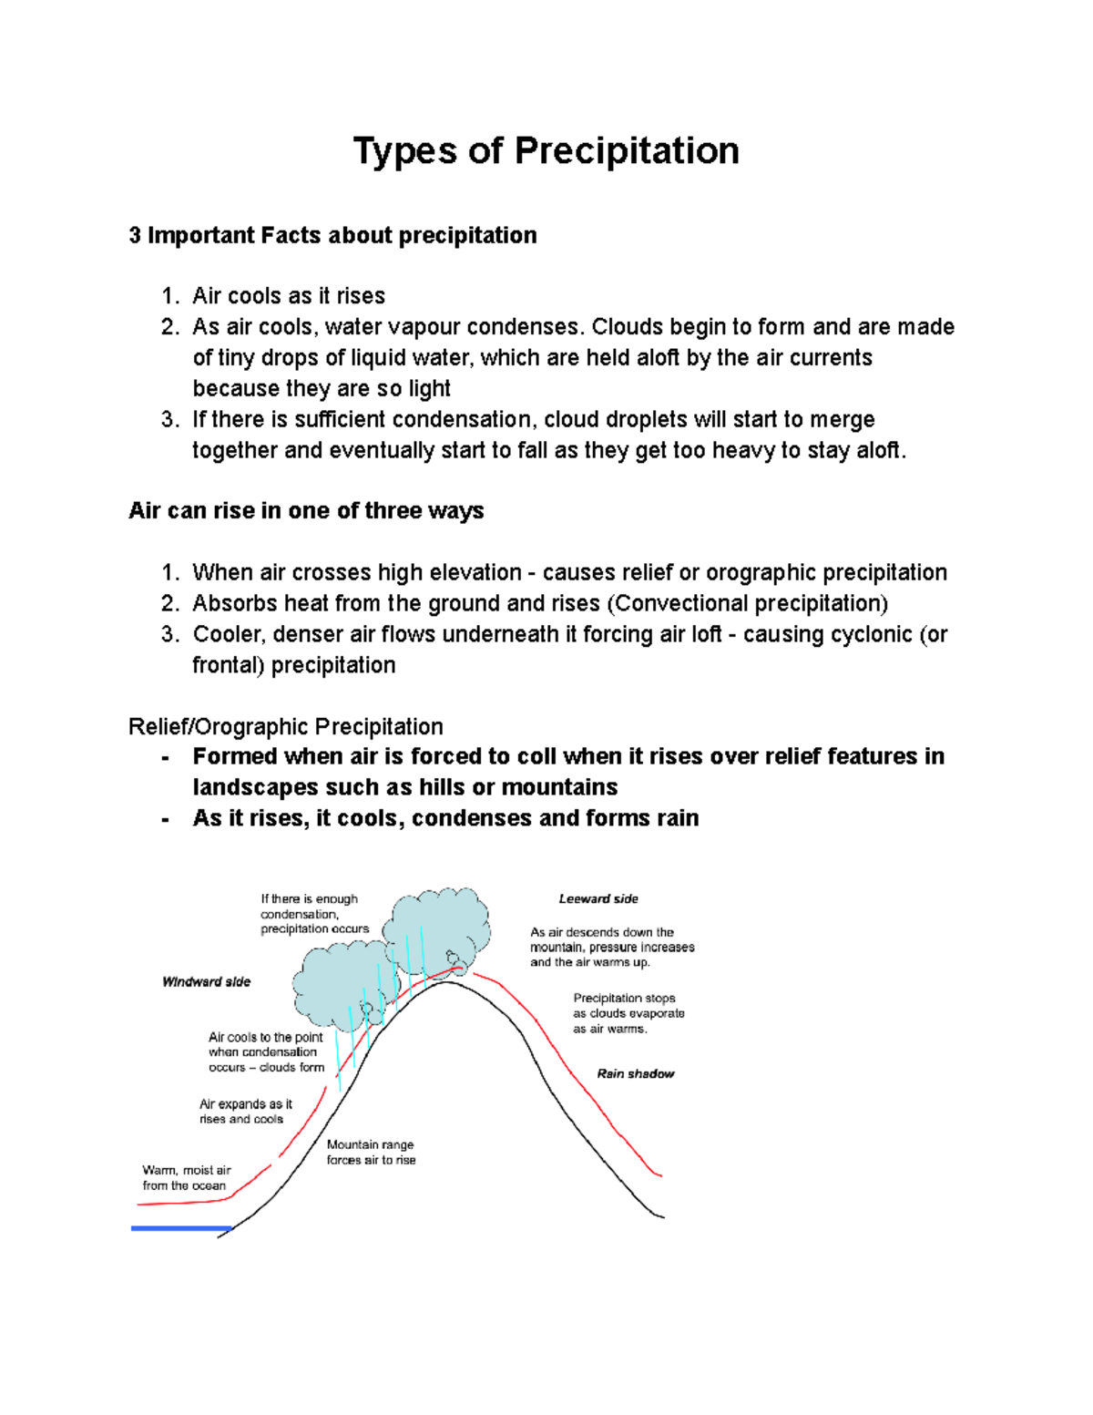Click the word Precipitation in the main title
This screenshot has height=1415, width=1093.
[627, 151]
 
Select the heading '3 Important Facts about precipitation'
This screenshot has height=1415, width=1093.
[332, 236]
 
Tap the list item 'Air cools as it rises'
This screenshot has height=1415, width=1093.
[289, 296]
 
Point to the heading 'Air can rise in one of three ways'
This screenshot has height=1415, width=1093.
[306, 511]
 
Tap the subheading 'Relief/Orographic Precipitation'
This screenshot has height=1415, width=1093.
[286, 727]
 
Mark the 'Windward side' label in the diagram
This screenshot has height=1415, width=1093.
[206, 982]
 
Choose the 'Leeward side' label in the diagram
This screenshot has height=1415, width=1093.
[598, 899]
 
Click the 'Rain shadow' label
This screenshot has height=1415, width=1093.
[636, 1074]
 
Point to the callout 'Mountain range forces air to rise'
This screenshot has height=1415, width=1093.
[371, 1153]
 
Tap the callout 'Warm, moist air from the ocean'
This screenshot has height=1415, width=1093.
[187, 1178]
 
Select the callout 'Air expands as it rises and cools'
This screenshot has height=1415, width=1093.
[245, 1112]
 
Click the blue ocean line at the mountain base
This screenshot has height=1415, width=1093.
[181, 1228]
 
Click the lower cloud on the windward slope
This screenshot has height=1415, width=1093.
[337, 984]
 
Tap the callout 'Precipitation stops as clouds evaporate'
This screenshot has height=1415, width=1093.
[628, 1014]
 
